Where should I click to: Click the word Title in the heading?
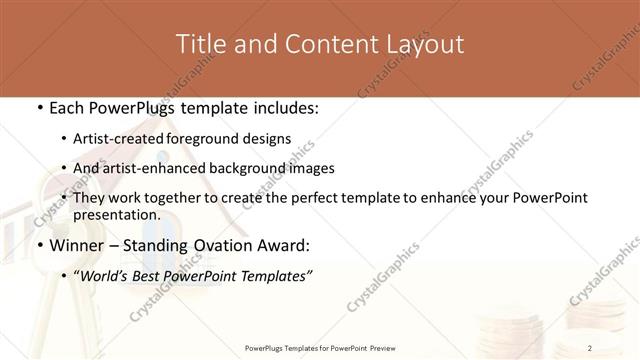(x=198, y=44)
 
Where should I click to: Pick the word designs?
(x=269, y=139)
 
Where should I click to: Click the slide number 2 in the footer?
(x=590, y=347)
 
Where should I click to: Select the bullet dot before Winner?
(x=39, y=246)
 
